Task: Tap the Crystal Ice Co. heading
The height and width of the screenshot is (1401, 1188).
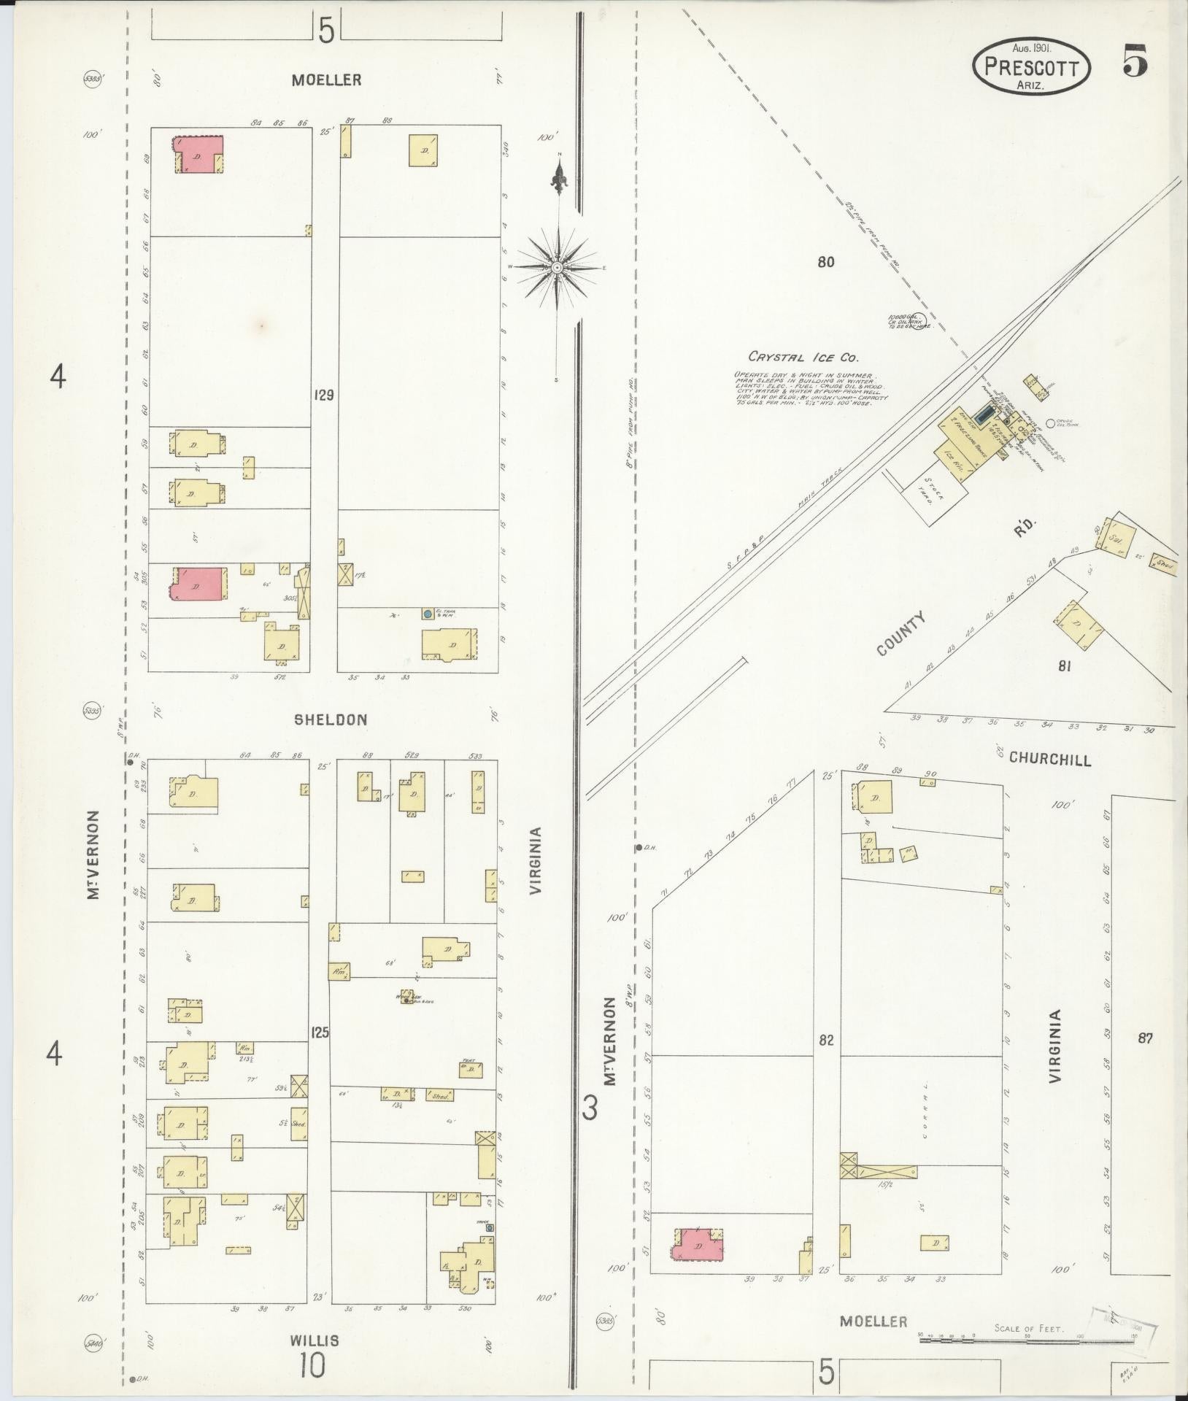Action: (803, 358)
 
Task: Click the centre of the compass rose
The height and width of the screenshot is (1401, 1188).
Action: (558, 268)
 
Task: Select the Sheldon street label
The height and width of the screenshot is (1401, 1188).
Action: (331, 719)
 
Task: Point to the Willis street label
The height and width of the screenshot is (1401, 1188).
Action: (315, 1340)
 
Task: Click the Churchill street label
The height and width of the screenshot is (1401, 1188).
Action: (1050, 759)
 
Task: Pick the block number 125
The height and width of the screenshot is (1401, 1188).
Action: (320, 1033)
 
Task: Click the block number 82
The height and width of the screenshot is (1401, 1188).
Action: (825, 1040)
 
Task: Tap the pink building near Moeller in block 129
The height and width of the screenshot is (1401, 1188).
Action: (197, 155)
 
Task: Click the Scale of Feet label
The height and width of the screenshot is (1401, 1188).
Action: (1028, 1328)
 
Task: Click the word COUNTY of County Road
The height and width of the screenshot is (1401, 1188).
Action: (902, 633)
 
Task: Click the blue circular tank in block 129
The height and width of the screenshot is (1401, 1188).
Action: (428, 614)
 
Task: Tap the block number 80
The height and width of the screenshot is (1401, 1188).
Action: (825, 262)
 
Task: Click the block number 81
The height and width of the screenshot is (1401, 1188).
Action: (1064, 665)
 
